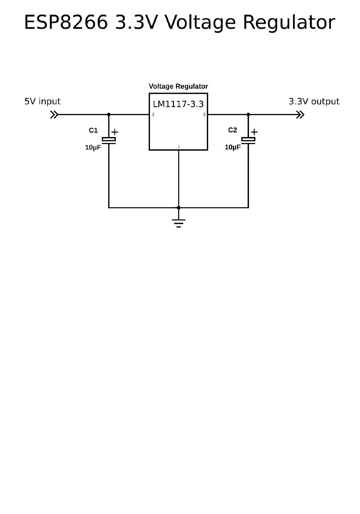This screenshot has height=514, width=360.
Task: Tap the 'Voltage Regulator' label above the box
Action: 178,86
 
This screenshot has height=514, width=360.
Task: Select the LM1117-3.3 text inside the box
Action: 178,104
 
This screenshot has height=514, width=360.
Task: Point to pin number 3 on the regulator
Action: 153,115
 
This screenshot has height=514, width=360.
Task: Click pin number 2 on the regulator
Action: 204,115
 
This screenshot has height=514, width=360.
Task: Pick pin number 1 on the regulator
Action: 179,146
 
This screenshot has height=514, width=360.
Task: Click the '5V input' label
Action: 43,102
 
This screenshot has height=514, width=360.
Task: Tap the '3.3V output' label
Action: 314,102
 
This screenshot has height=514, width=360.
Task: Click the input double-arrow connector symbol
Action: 54,115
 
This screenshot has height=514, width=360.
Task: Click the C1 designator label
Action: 93,130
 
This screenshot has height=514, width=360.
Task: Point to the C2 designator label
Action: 233,130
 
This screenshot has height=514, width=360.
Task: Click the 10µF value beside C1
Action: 93,148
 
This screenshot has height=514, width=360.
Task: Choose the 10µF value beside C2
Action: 233,147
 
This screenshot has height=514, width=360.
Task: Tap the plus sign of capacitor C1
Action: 115,132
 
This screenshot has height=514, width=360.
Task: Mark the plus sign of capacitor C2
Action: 255,132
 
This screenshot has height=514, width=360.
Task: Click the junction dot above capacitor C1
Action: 109,115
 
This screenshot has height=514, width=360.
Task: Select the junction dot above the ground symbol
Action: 179,207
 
